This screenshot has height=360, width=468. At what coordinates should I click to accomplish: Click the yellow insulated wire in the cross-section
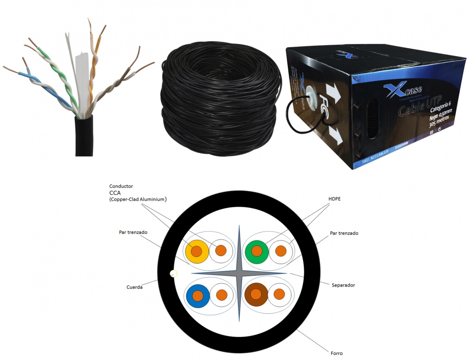(196, 251)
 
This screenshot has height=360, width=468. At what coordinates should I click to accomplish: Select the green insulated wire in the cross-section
(256, 251)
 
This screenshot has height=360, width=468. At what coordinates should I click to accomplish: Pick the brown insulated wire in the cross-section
(256, 294)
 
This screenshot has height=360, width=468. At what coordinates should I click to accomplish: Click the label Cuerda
(134, 287)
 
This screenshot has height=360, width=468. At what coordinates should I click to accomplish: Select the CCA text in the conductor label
(115, 192)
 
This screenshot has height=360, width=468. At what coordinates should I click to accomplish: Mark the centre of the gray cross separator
(239, 274)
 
